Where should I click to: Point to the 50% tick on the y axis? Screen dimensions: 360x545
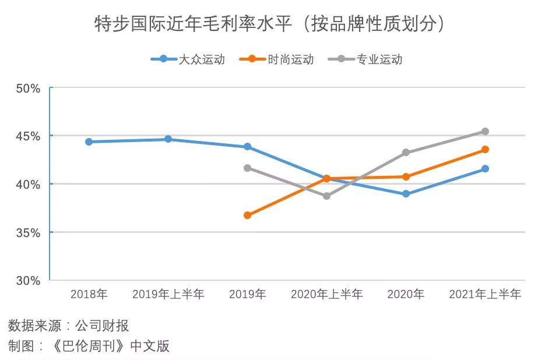click(x=27, y=89)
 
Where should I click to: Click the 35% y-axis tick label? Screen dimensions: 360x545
click(x=27, y=232)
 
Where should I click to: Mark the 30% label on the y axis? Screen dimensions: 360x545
click(x=27, y=281)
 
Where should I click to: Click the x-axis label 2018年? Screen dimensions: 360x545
click(x=89, y=295)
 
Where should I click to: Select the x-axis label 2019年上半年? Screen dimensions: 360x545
click(x=168, y=295)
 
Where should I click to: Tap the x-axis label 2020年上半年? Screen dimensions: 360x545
click(x=326, y=295)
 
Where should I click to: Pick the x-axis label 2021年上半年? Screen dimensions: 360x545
click(x=485, y=295)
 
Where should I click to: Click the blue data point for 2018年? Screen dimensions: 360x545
click(x=89, y=142)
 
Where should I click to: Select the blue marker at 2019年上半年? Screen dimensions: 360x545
click(x=168, y=139)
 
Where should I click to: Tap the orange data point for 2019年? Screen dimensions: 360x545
click(x=247, y=215)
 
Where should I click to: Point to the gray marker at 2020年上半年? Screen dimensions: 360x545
click(x=326, y=196)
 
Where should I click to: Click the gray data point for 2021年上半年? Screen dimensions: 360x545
click(x=485, y=131)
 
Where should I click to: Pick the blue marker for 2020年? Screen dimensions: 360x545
click(x=406, y=194)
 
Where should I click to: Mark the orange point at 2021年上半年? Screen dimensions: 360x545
click(x=485, y=150)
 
